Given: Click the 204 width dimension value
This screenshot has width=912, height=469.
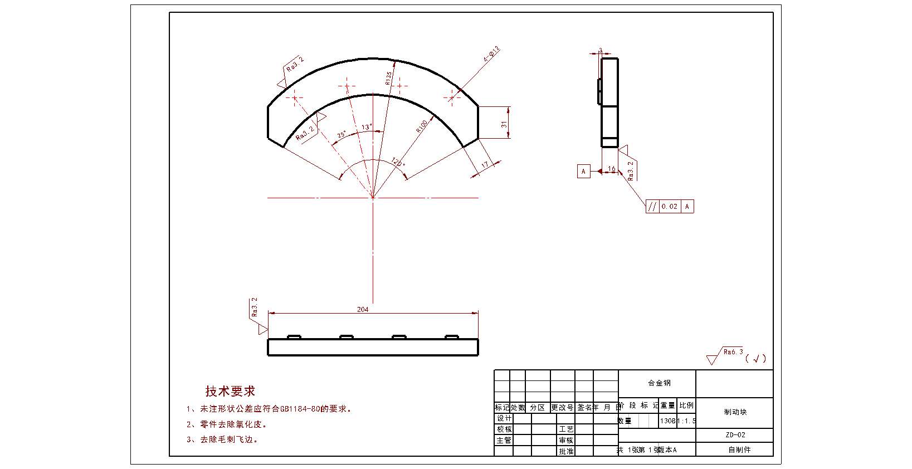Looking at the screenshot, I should [363, 309].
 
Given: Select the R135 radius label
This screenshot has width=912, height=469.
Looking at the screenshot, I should [388, 78].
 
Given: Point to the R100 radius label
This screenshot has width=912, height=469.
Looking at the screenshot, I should [422, 126].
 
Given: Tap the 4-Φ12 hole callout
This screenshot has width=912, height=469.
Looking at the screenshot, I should [491, 54].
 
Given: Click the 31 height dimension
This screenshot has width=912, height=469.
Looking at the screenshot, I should [504, 124].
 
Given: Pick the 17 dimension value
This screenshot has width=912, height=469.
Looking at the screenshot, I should [485, 165].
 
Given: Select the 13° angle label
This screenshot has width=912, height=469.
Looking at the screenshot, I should [367, 127].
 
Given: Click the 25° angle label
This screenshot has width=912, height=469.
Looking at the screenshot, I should [342, 135].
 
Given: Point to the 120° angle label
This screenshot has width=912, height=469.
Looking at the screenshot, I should [398, 162].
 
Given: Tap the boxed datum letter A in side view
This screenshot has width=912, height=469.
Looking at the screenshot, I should [583, 172].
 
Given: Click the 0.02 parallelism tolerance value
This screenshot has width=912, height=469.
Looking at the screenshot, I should [670, 207].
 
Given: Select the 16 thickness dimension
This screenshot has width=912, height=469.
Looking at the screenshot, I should [612, 169].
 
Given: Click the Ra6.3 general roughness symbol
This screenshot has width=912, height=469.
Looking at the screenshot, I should [733, 352].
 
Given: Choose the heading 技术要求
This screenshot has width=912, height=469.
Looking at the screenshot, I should [230, 391].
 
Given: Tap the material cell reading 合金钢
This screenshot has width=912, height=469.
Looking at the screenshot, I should [659, 383].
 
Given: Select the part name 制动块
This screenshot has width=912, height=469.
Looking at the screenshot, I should [735, 412].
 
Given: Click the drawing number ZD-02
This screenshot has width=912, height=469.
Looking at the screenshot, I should [735, 435].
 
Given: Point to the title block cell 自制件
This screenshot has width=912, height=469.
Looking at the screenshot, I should [739, 450].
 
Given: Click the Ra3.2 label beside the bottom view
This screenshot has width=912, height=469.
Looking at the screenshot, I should [255, 307].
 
